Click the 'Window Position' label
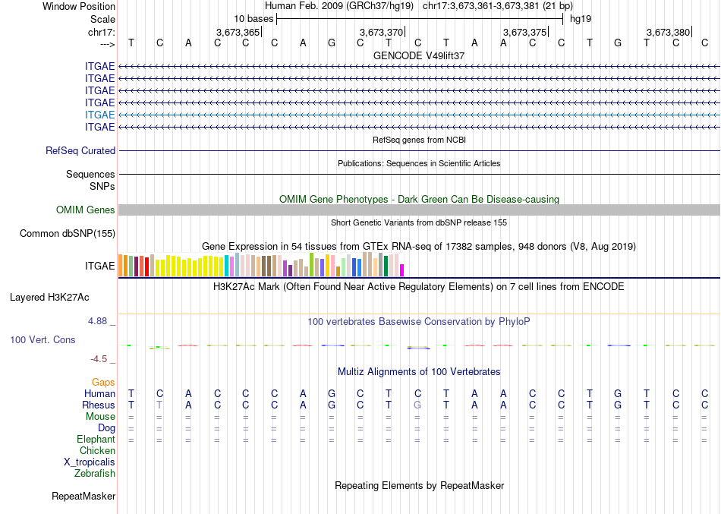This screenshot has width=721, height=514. [x=79, y=6]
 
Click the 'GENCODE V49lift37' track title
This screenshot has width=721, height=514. [x=419, y=55]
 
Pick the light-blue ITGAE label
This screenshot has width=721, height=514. [x=100, y=115]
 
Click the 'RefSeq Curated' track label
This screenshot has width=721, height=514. [x=80, y=151]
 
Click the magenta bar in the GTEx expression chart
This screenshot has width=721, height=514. [x=402, y=270]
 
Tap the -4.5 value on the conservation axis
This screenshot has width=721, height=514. [x=100, y=359]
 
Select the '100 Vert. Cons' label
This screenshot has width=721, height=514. [x=43, y=340]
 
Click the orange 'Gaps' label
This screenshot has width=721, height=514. [x=103, y=382]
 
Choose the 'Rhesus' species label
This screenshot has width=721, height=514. [x=99, y=405]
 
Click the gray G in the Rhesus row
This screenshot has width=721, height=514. [x=417, y=405]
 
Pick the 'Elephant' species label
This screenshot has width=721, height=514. [x=96, y=440]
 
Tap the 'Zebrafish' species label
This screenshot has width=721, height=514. [x=95, y=474]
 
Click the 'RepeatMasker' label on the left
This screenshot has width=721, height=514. [x=83, y=497]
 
